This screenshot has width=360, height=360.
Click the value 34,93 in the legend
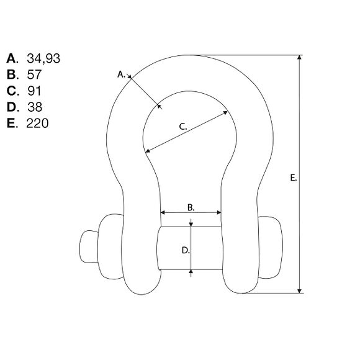43,58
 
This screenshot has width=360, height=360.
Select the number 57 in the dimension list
34,74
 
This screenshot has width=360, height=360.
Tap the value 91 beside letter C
34,91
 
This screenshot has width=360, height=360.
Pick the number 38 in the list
35,107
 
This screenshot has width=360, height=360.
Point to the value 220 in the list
37,124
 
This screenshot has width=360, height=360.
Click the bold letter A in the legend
12,58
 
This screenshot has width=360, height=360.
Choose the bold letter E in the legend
12,124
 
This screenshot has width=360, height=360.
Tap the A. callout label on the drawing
122,74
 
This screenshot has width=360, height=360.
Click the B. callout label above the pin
191,207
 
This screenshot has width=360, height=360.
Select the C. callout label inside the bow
183,127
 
